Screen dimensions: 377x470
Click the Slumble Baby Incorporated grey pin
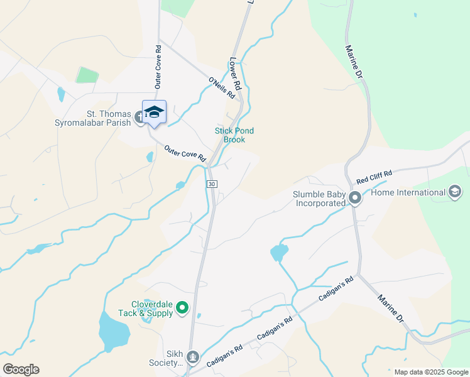point(355,199)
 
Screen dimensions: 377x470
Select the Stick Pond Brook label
point(234,135)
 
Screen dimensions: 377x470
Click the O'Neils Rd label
point(222,87)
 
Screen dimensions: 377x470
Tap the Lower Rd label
point(236,74)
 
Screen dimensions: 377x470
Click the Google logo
point(21,369)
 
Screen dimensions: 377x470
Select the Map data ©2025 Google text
point(430,372)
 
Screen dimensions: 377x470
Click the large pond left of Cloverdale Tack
point(113,331)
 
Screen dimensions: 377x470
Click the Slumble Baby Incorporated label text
point(319,199)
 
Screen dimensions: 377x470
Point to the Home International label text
point(408,192)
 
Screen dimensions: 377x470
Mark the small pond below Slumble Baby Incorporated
point(278,253)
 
